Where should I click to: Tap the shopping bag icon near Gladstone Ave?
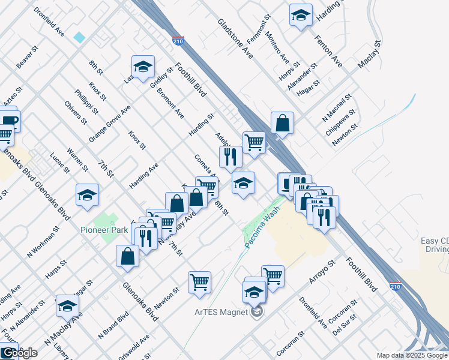pos(282,123)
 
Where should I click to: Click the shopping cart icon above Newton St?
pos(199,281)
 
